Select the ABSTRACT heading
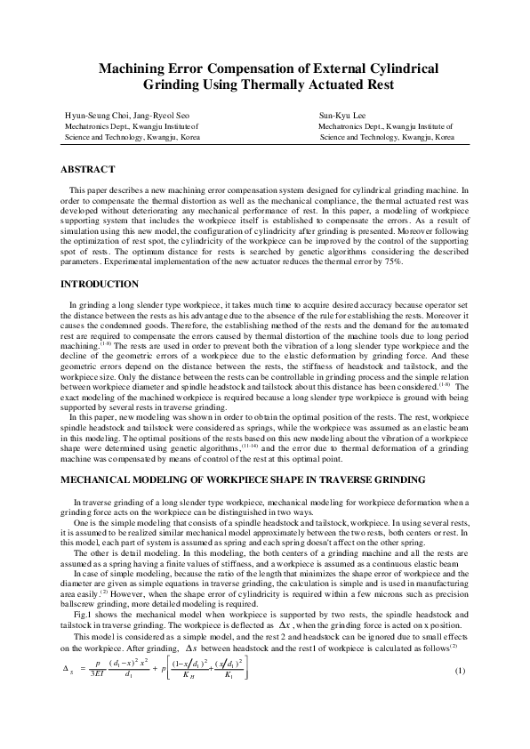pos(86,168)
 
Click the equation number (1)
pos(460,694)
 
